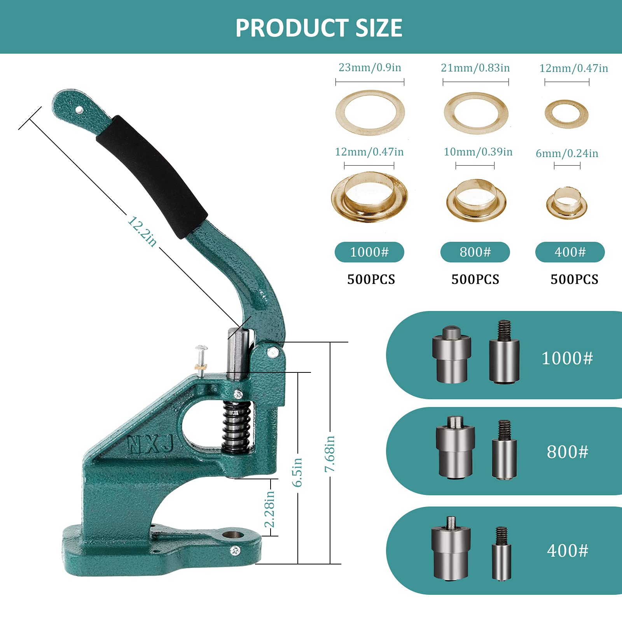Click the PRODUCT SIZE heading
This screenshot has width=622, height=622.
[x=318, y=28]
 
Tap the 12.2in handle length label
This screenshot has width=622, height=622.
[x=142, y=232]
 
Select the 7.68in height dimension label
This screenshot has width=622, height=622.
[x=330, y=453]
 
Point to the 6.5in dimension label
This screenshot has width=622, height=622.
[x=297, y=472]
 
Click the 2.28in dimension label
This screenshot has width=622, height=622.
[x=269, y=508]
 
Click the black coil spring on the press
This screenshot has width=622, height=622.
[x=236, y=427]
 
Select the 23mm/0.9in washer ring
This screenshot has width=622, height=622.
[x=370, y=113]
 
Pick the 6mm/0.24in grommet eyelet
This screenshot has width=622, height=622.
[x=566, y=203]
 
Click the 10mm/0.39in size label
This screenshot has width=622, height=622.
[x=478, y=152]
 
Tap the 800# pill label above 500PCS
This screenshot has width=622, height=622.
[x=475, y=252]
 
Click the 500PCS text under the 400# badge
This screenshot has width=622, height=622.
[x=574, y=279]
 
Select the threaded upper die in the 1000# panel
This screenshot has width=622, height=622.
[x=504, y=352]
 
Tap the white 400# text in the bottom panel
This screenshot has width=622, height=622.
[x=567, y=550]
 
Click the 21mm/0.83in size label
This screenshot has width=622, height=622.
[x=475, y=68]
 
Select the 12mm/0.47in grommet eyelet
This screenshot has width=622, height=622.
[x=369, y=196]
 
